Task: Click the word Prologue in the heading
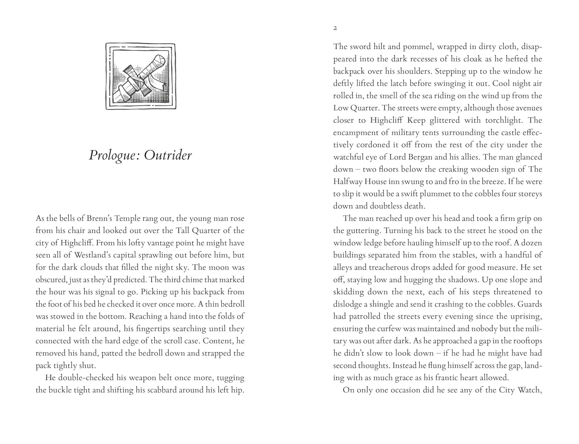click(113, 155)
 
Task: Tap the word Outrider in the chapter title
click(168, 155)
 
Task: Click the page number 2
click(335, 28)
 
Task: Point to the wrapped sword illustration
click(141, 76)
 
